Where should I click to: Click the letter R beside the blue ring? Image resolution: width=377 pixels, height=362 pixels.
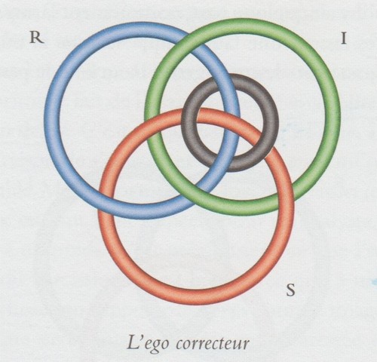37,38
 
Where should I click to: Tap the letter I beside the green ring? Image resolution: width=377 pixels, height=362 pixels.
344,38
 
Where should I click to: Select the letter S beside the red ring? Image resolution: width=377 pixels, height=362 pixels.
290,290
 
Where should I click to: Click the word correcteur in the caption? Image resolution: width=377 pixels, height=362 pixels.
213,344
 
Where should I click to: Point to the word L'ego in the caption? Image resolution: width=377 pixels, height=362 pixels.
147,344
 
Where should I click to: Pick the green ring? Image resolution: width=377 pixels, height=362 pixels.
333,117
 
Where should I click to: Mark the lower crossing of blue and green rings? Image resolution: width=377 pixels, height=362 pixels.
201,191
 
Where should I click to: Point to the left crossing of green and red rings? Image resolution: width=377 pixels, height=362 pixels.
153,122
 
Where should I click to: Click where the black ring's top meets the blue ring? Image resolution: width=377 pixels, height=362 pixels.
220,81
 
